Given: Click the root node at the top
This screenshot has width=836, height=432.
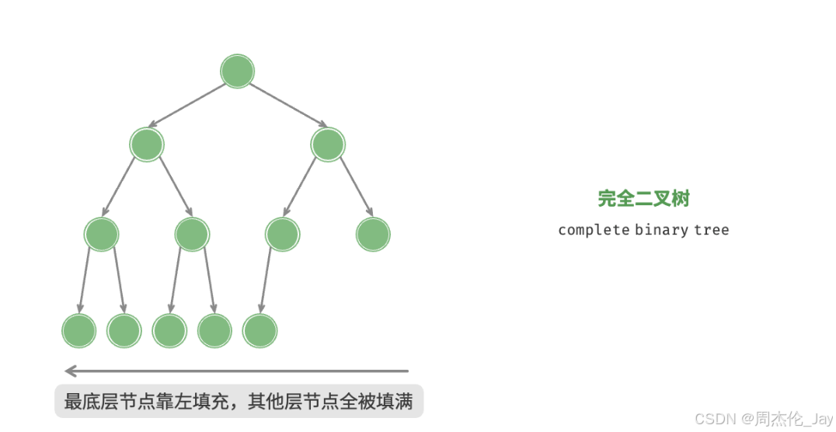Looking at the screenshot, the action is click(x=237, y=71).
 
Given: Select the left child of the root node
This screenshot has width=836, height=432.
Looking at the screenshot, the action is click(x=147, y=145).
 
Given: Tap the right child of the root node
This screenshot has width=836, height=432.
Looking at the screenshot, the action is click(x=327, y=145).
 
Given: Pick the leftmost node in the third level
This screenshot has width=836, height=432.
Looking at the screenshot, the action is click(x=102, y=234).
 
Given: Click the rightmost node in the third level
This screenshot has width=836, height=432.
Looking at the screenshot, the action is click(x=373, y=234).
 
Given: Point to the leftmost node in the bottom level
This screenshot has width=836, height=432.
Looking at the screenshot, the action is click(x=78, y=331).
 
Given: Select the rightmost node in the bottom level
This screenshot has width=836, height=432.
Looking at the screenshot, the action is click(x=260, y=331).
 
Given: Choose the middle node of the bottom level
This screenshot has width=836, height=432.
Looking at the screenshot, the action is click(x=169, y=331).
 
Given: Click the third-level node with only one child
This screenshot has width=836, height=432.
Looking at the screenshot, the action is click(x=282, y=234).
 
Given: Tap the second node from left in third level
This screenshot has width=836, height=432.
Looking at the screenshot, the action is click(x=192, y=234).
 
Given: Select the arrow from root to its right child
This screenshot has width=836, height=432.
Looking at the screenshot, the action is click(x=287, y=106).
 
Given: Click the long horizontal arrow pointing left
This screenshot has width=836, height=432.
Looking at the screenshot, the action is click(x=237, y=371).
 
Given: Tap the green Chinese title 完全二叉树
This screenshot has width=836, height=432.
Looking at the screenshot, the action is click(x=643, y=199).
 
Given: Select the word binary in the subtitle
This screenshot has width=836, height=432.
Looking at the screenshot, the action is click(x=660, y=230).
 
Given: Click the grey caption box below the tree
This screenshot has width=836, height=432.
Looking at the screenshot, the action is click(x=239, y=402).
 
